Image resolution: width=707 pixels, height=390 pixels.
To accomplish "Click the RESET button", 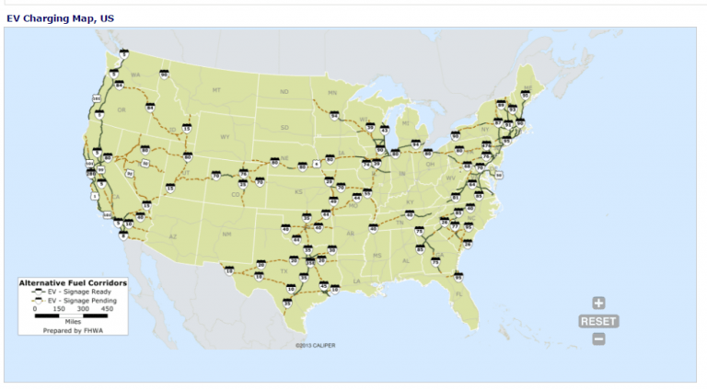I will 598,321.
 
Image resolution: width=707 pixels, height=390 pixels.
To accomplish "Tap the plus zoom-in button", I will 598,303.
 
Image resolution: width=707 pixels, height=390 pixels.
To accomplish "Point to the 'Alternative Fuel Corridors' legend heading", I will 73,282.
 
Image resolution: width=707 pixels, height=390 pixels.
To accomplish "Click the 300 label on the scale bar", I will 82,309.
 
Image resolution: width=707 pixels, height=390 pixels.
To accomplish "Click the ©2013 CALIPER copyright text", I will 315,346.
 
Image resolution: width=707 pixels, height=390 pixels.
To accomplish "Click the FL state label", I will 458,292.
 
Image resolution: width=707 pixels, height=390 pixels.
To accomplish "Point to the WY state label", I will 224,136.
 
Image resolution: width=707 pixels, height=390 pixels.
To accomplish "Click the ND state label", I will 284,91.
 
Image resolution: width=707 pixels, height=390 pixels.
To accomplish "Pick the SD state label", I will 284,126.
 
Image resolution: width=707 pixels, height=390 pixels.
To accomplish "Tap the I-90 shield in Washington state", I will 164,75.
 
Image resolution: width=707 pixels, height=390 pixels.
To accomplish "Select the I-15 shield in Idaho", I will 187,128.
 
